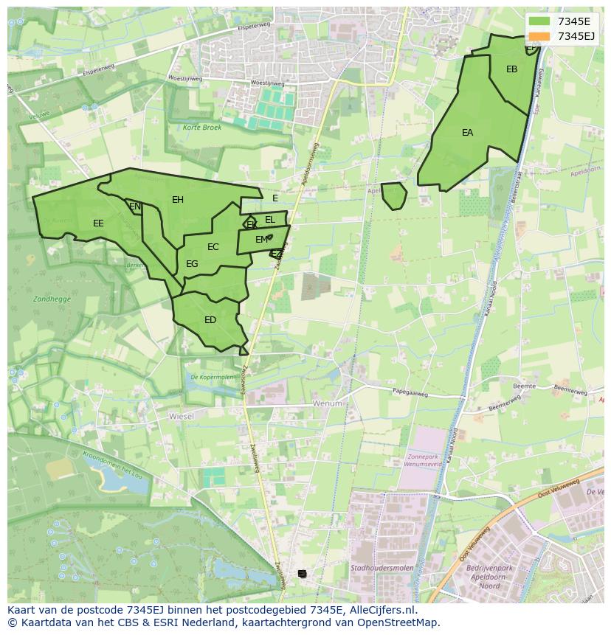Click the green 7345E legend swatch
tap(539, 21)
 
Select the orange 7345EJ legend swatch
tap(539, 36)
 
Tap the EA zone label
tap(467, 133)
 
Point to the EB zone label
tap(511, 69)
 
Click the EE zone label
tap(98, 223)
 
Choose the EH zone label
tap(178, 200)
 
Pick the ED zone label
tap(210, 320)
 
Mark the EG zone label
tap(192, 264)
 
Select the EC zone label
tap(213, 247)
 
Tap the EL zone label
tap(270, 220)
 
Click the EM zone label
tap(261, 240)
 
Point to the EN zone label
tap(135, 207)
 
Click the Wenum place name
tap(328, 403)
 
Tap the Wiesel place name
tap(181, 417)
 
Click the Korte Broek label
tap(201, 128)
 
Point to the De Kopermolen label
tap(211, 377)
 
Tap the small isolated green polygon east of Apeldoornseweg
tap(393, 195)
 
